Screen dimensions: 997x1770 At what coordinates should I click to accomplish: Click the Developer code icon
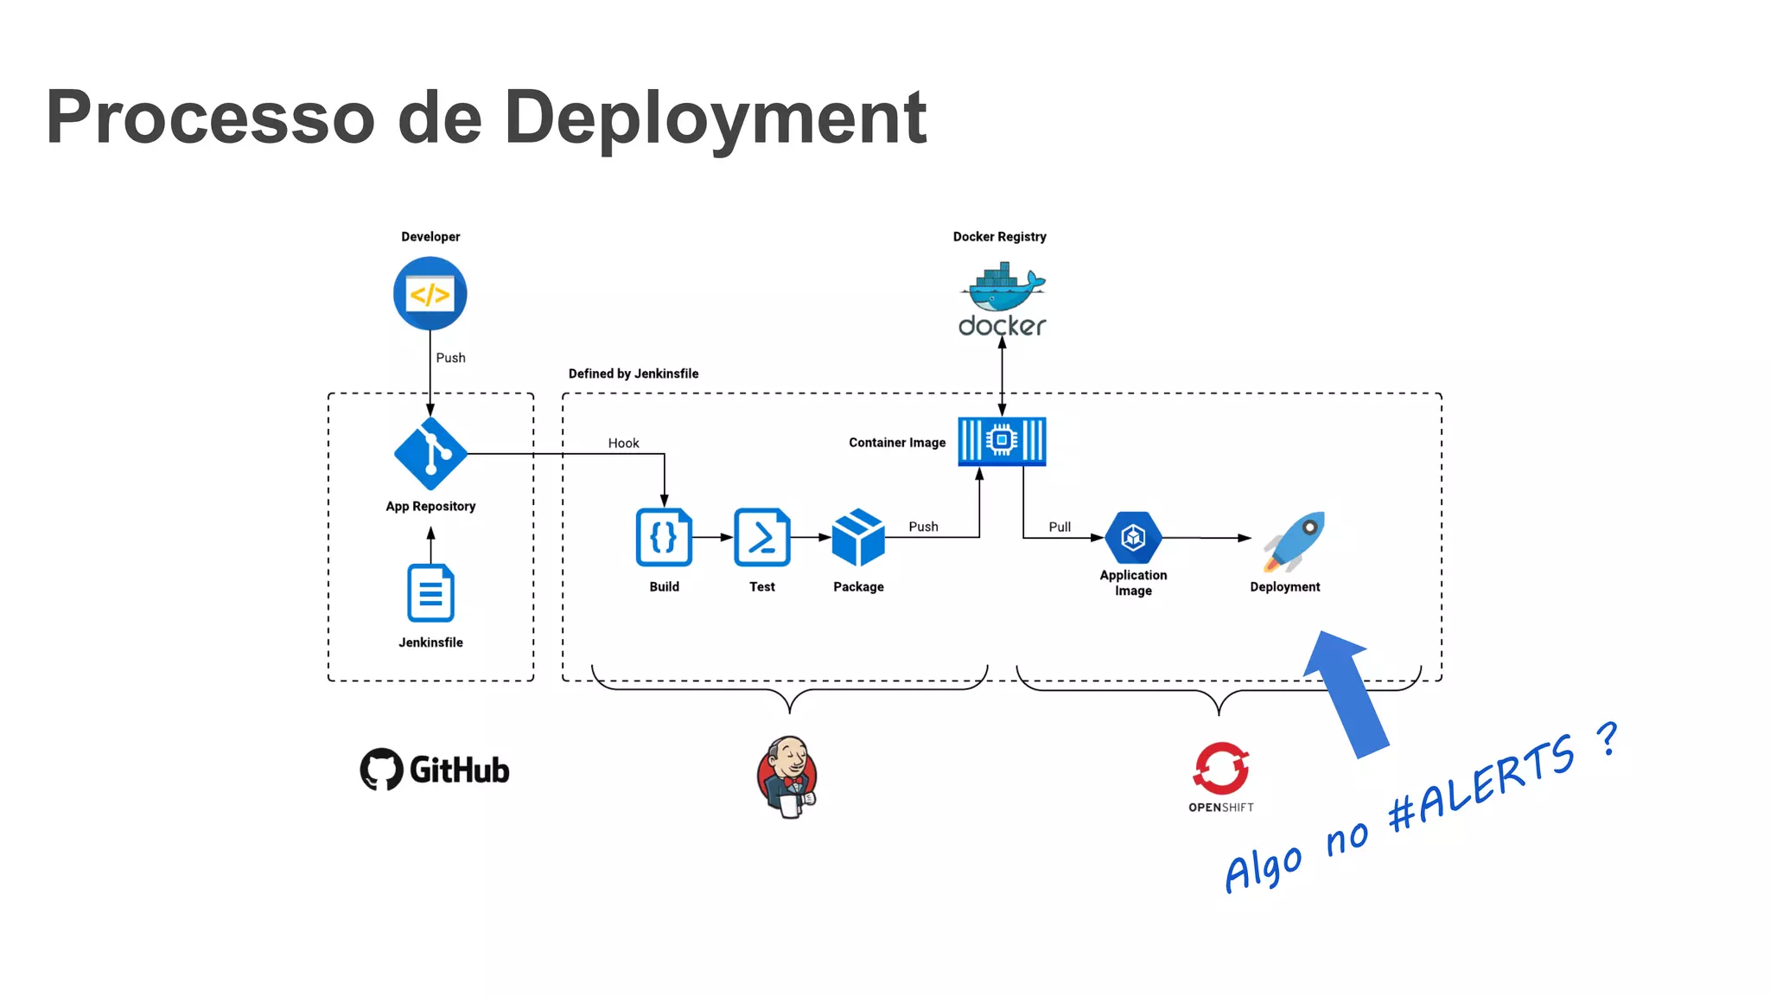(430, 294)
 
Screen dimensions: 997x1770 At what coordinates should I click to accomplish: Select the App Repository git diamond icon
(430, 453)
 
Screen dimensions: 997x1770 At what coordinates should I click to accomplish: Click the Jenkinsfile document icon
(430, 593)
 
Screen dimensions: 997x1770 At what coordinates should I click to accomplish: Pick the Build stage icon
(664, 538)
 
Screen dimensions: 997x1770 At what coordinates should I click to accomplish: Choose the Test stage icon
(761, 538)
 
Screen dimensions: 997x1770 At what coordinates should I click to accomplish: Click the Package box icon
(858, 538)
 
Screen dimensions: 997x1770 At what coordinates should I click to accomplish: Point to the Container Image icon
(1002, 441)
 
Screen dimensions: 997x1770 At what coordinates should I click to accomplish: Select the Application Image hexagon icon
(1133, 538)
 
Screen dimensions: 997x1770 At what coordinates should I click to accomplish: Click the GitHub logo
(435, 770)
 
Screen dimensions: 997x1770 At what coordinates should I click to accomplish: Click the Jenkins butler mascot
(787, 777)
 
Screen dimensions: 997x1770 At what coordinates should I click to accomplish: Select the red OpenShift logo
(1221, 768)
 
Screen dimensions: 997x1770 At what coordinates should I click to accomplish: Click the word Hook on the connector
(623, 444)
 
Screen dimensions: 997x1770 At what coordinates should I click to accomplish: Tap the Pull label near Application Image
(1060, 527)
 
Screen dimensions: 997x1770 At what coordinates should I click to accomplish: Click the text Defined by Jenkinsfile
(634, 374)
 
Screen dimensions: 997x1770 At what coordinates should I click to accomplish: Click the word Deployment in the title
(715, 118)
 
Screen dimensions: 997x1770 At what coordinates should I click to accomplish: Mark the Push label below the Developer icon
(450, 358)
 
